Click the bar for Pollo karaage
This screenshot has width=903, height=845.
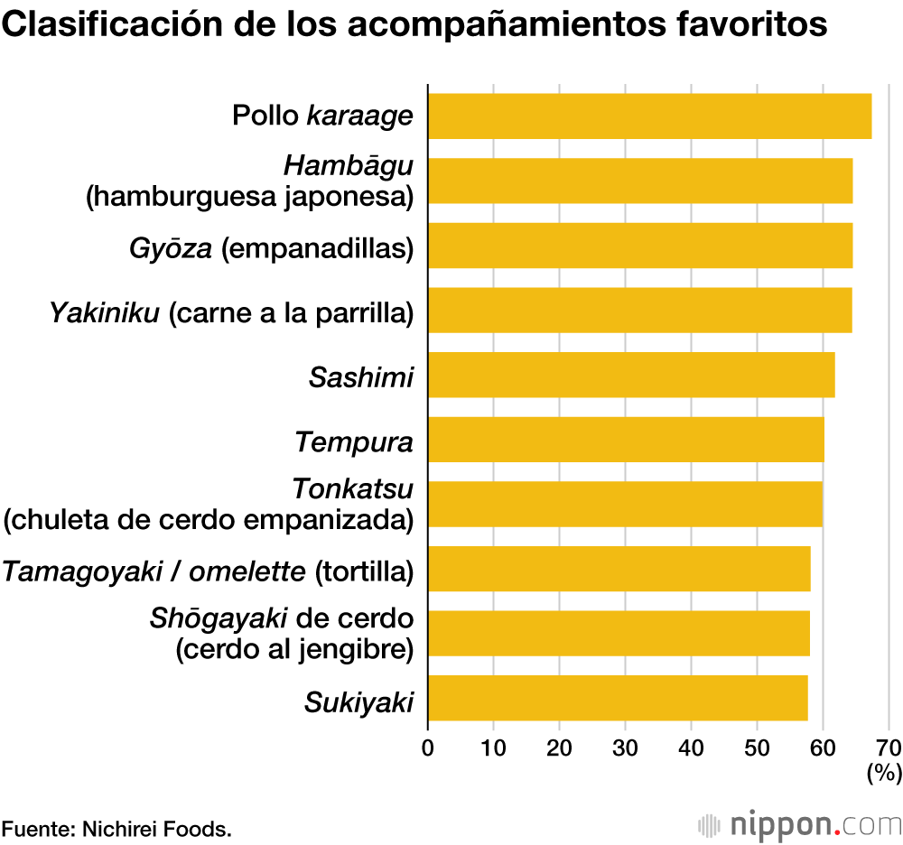pyautogui.click(x=649, y=116)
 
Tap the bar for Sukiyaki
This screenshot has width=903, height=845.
pyautogui.click(x=618, y=698)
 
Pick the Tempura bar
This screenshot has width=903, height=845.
pyautogui.click(x=626, y=440)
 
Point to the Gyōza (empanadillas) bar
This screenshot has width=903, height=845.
pyautogui.click(x=639, y=245)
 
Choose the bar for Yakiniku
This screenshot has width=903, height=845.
pyautogui.click(x=639, y=310)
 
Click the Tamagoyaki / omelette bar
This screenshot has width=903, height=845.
pyautogui.click(x=619, y=569)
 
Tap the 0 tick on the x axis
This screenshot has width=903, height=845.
pyautogui.click(x=428, y=747)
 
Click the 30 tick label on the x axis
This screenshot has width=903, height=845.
pyautogui.click(x=625, y=747)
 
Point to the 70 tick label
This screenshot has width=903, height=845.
pyautogui.click(x=889, y=747)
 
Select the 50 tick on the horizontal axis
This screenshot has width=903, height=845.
pyautogui.click(x=757, y=747)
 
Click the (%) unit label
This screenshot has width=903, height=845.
pyautogui.click(x=884, y=772)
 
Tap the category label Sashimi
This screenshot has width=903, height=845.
pyautogui.click(x=361, y=376)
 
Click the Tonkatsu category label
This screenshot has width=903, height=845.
pyautogui.click(x=353, y=489)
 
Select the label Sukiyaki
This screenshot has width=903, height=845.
pyautogui.click(x=358, y=701)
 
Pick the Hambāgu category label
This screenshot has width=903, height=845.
pyautogui.click(x=349, y=166)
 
